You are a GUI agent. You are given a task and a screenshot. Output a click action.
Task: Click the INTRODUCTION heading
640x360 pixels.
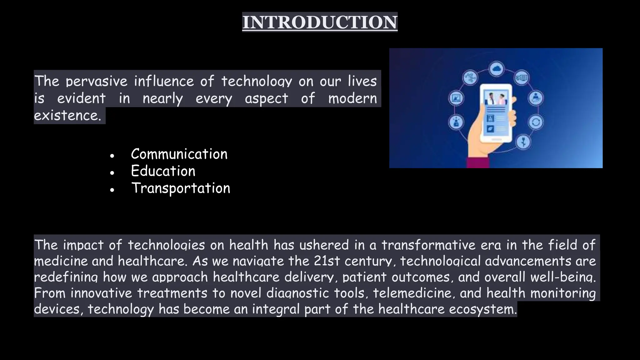point(320,22)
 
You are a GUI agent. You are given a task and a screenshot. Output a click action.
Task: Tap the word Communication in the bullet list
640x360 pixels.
point(179,154)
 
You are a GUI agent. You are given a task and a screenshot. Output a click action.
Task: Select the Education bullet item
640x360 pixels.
point(163,171)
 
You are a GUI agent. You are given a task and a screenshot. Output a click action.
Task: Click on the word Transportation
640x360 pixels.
point(181,188)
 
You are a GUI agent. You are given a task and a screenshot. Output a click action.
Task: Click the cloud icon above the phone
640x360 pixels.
point(496,68)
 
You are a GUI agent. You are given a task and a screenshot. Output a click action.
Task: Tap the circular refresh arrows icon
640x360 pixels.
point(536,122)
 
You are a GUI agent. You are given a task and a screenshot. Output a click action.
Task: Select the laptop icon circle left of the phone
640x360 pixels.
point(456,98)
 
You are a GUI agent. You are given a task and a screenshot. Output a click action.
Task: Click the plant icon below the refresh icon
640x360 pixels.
point(524,142)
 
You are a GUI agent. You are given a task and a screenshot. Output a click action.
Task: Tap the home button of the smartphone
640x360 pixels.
point(496,138)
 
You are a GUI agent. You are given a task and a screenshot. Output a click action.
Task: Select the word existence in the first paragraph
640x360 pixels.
point(67,115)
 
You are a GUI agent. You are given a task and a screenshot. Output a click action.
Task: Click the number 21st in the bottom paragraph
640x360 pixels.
point(327,261)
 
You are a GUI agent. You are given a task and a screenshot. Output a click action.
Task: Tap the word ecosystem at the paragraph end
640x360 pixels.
point(483,309)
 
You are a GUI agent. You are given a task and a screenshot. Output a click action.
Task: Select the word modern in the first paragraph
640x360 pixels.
point(352,98)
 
